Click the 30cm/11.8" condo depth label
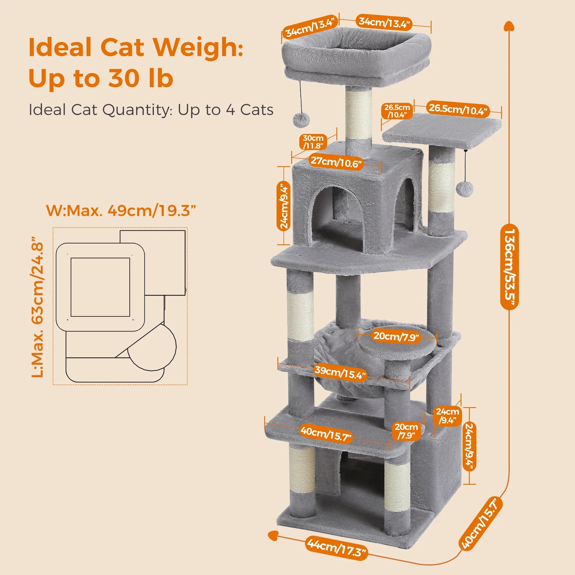point(313,142)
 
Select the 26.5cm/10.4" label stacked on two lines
point(397,111)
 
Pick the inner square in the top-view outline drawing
point(100,287)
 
